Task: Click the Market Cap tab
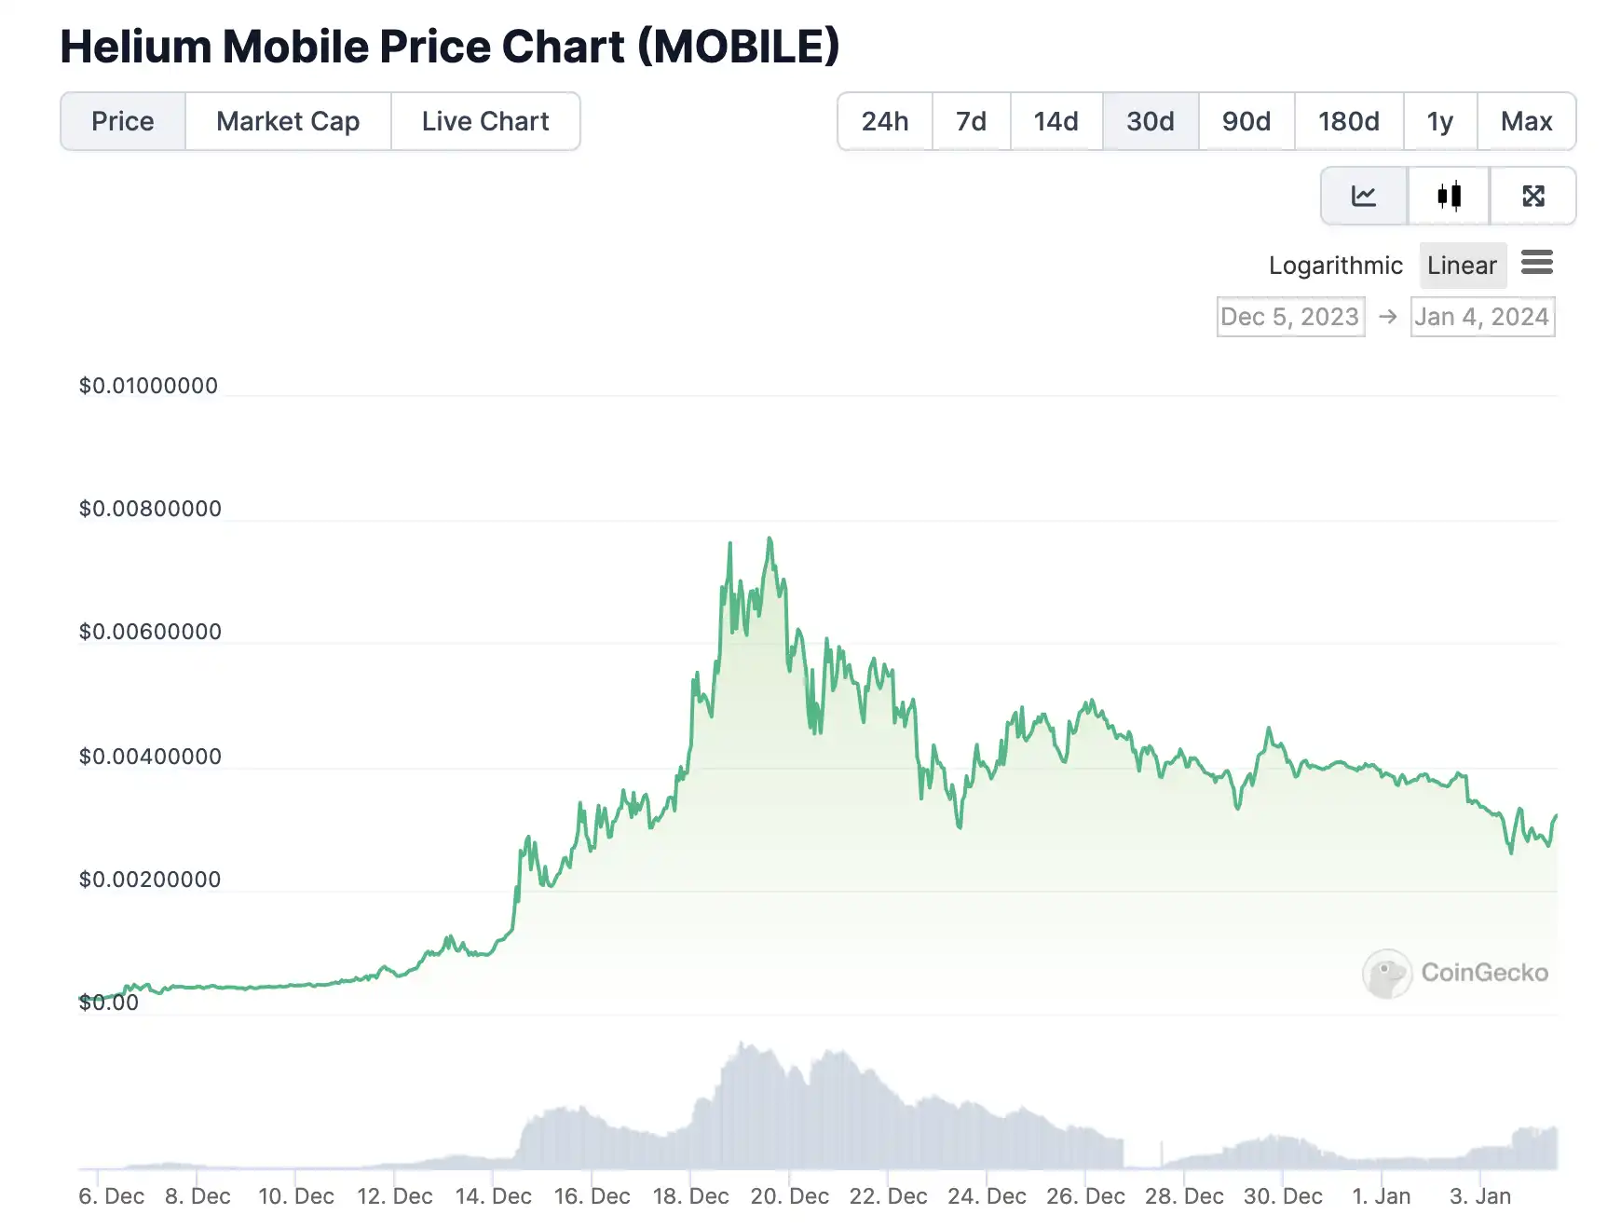coord(288,121)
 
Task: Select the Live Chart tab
coord(485,121)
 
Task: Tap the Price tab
coord(123,121)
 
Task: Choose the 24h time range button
coord(884,121)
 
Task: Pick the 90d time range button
coord(1246,121)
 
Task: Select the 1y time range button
coord(1439,121)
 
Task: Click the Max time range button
coord(1526,121)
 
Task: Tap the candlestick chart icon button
coord(1449,196)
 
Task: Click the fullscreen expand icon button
coord(1532,196)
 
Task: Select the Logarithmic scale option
coord(1335,266)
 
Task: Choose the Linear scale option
coord(1462,266)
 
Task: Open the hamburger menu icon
coord(1536,263)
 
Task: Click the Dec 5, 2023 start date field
coord(1290,317)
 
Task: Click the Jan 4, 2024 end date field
coord(1482,317)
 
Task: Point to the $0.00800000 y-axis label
coord(150,509)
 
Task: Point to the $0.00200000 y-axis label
coord(150,880)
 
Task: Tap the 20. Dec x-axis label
coord(789,1196)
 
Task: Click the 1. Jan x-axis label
coord(1381,1196)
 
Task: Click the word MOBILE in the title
coord(739,47)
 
